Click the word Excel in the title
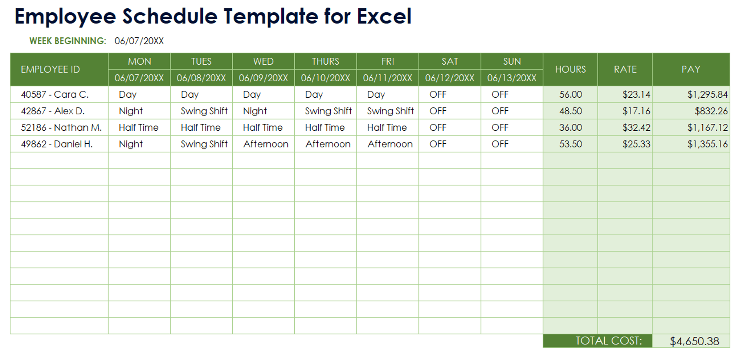[x=384, y=17]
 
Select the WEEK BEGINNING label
[x=68, y=41]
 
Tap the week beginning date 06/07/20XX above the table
[x=139, y=41]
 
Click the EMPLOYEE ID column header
[x=50, y=69]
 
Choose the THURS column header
[x=325, y=62]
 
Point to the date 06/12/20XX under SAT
[x=449, y=78]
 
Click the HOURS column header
[x=570, y=69]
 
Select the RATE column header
[x=625, y=69]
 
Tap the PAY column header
[x=690, y=69]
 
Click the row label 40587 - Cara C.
[x=55, y=95]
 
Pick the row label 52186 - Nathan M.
[x=61, y=128]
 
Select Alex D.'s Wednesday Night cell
[x=255, y=111]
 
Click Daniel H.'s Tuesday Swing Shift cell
[x=204, y=144]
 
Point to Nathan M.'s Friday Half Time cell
[x=387, y=128]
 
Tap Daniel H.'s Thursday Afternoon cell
[x=328, y=144]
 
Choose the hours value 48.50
[x=570, y=111]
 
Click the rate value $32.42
[x=636, y=128]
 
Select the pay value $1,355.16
[x=707, y=144]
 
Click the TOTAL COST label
[x=608, y=341]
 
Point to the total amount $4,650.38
[x=694, y=341]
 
